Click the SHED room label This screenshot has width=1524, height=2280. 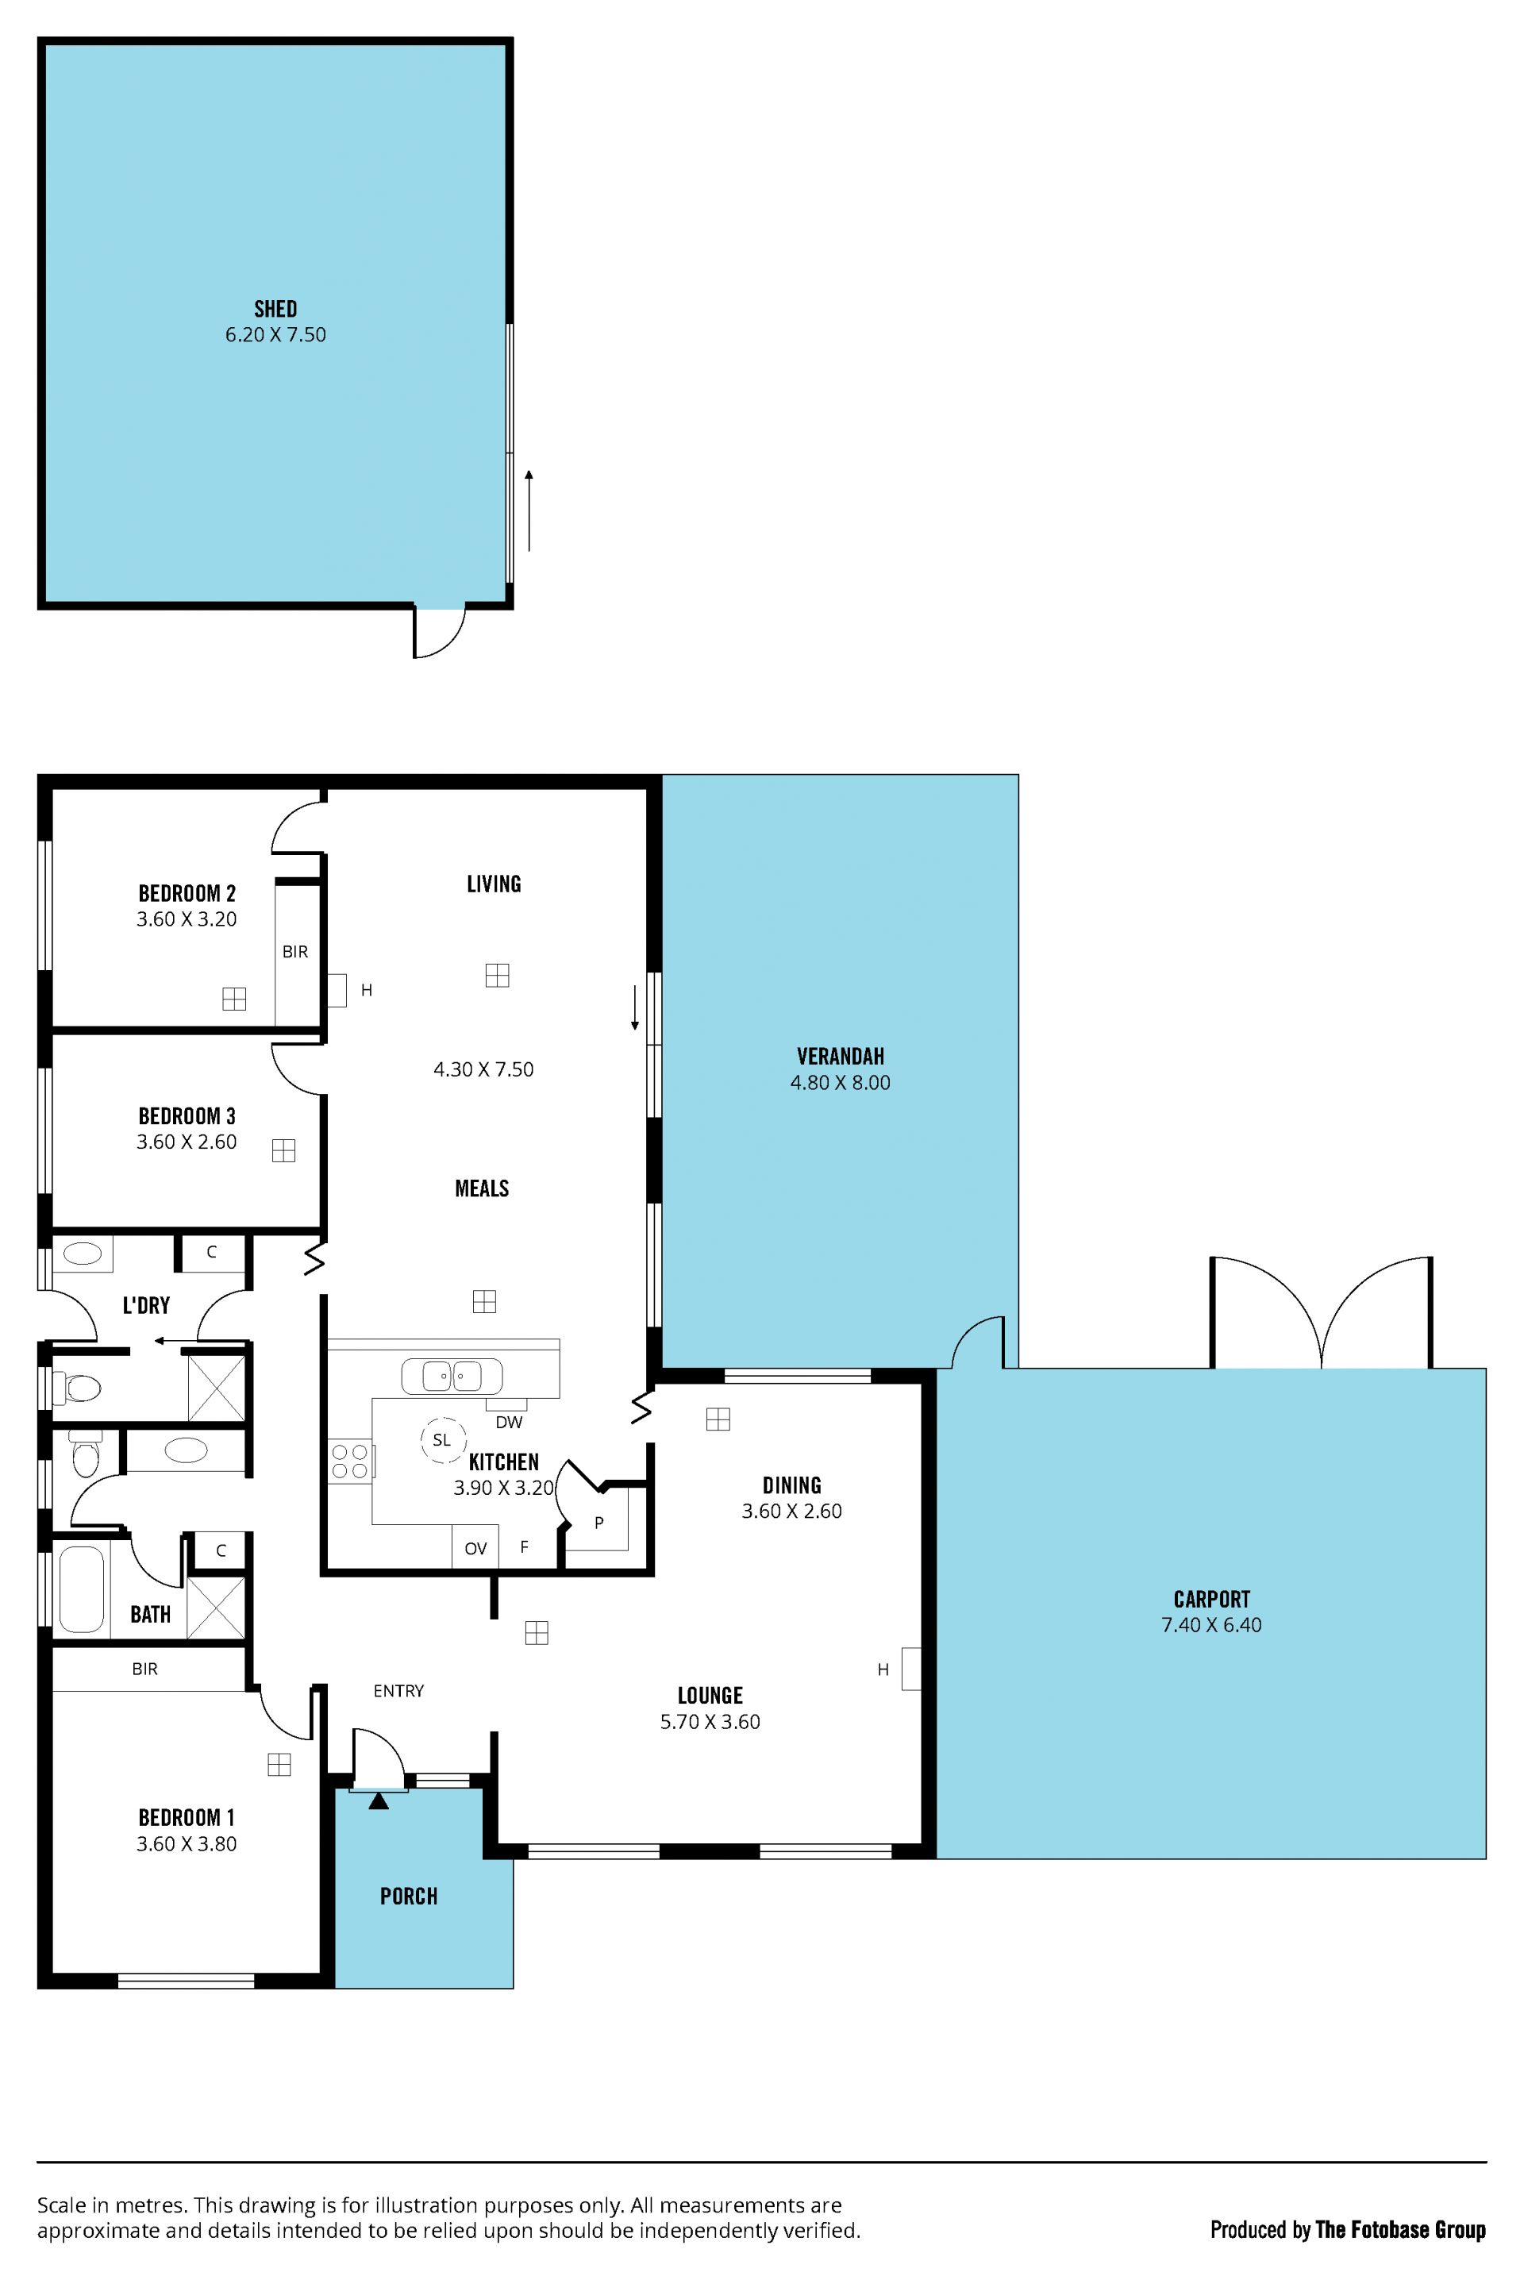click(275, 309)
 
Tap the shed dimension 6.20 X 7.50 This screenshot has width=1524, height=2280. click(276, 334)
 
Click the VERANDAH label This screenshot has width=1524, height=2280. click(841, 1057)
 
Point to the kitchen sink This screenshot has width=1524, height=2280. click(452, 1376)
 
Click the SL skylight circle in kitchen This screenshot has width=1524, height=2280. click(442, 1440)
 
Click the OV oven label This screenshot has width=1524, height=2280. click(475, 1549)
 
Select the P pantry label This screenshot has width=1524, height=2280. click(598, 1523)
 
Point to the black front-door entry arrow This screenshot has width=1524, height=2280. click(378, 1801)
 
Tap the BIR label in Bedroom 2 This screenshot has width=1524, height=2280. click(295, 952)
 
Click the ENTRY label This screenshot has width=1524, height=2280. click(398, 1691)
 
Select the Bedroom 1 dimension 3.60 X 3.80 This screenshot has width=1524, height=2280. click(187, 1843)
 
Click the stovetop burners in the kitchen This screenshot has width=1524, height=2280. click(350, 1462)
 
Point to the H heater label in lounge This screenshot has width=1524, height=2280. click(883, 1670)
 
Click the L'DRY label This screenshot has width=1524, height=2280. click(146, 1305)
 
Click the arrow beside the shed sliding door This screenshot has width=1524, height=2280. click(529, 510)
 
